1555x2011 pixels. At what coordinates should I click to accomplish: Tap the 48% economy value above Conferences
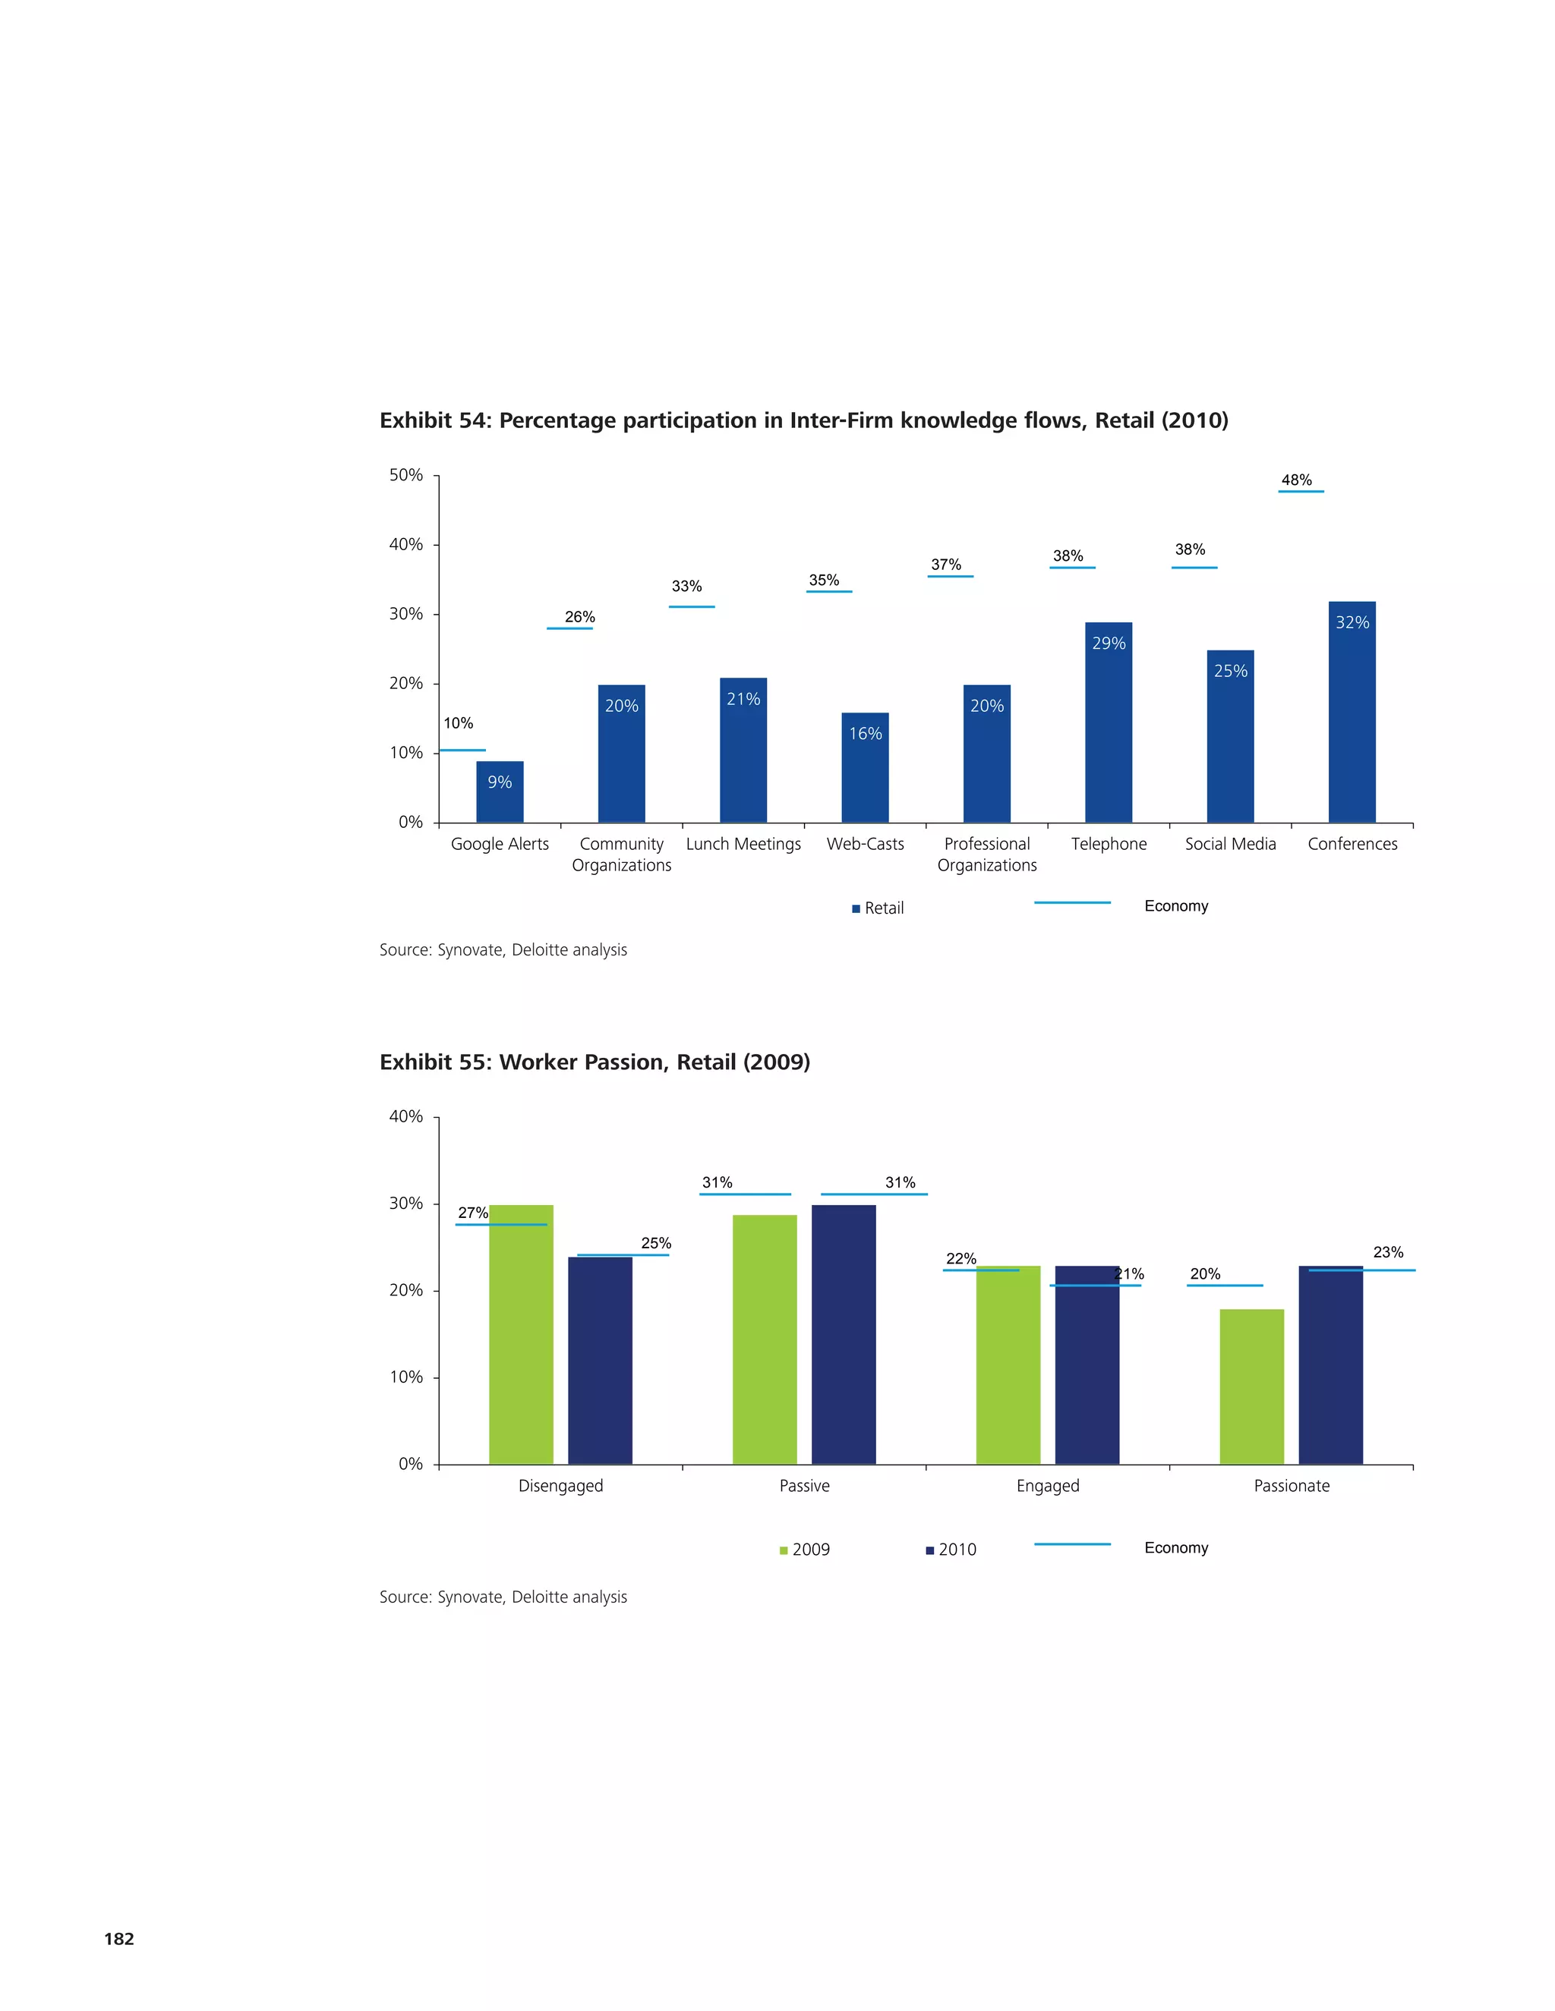[x=1296, y=480]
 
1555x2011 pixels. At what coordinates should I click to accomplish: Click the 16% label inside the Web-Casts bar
[x=865, y=734]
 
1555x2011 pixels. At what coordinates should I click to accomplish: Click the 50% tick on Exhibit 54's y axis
[x=406, y=475]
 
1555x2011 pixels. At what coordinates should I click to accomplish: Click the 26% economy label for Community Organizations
[x=579, y=617]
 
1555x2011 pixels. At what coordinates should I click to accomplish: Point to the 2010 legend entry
[x=951, y=1550]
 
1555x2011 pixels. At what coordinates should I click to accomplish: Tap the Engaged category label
[x=1047, y=1486]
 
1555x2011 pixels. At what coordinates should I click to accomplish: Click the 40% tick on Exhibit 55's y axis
[x=406, y=1117]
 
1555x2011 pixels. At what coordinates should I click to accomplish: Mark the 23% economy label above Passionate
[x=1387, y=1252]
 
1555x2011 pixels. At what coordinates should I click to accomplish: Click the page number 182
[x=119, y=1938]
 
